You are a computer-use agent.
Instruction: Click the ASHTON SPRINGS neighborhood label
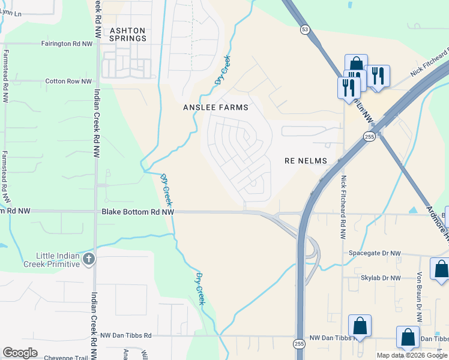[x=127, y=34]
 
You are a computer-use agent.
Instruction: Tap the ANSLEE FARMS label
[x=215, y=107]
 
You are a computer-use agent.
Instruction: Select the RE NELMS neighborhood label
[x=306, y=161]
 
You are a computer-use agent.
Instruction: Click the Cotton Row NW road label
[x=68, y=81]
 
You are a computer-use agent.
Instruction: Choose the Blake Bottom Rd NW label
[x=137, y=212]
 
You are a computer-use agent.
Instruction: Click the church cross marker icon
[x=88, y=259]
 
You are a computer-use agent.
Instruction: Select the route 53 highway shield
[x=306, y=29]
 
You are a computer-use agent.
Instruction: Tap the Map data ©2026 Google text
[x=411, y=355]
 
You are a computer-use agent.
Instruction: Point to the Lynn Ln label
[x=10, y=13]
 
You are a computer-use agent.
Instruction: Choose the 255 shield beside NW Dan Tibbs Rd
[x=298, y=343]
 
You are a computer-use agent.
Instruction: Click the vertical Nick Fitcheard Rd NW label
[x=344, y=199]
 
